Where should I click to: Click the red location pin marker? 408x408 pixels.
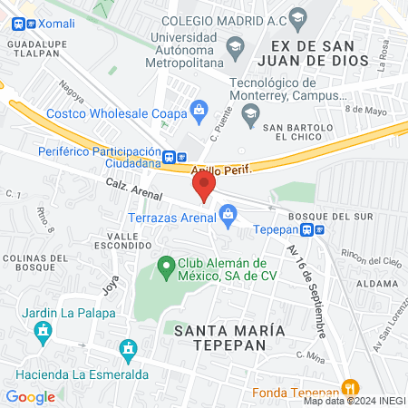[x=203, y=187]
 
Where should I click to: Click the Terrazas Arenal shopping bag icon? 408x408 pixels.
[x=227, y=214]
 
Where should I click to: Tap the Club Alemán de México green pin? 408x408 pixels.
[x=166, y=267]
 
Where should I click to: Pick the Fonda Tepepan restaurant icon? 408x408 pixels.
[x=346, y=384]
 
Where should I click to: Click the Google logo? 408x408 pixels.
[x=31, y=396]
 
